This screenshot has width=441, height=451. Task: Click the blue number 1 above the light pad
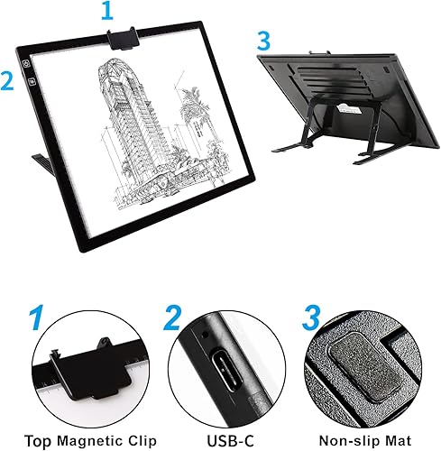tap(108, 12)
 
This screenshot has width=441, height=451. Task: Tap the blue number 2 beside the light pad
tap(8, 79)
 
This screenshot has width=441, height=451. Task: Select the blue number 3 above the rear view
tap(263, 41)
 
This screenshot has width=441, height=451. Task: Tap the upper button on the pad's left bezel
tap(29, 64)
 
